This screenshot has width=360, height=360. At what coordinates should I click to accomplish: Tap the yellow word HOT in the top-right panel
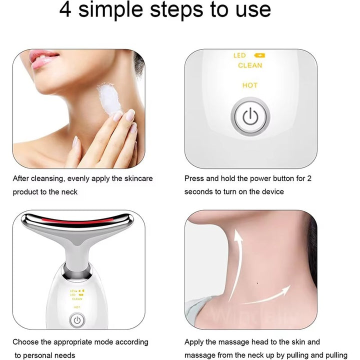pos(249,85)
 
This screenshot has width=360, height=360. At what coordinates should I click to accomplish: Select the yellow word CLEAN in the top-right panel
pos(249,65)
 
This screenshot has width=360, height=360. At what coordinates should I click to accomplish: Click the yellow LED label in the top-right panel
pos(240,55)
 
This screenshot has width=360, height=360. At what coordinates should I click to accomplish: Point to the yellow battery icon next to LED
pos(260,55)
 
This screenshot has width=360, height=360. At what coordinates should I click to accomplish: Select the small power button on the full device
pos(76,319)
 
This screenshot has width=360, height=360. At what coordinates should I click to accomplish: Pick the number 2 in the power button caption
pos(309,178)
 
